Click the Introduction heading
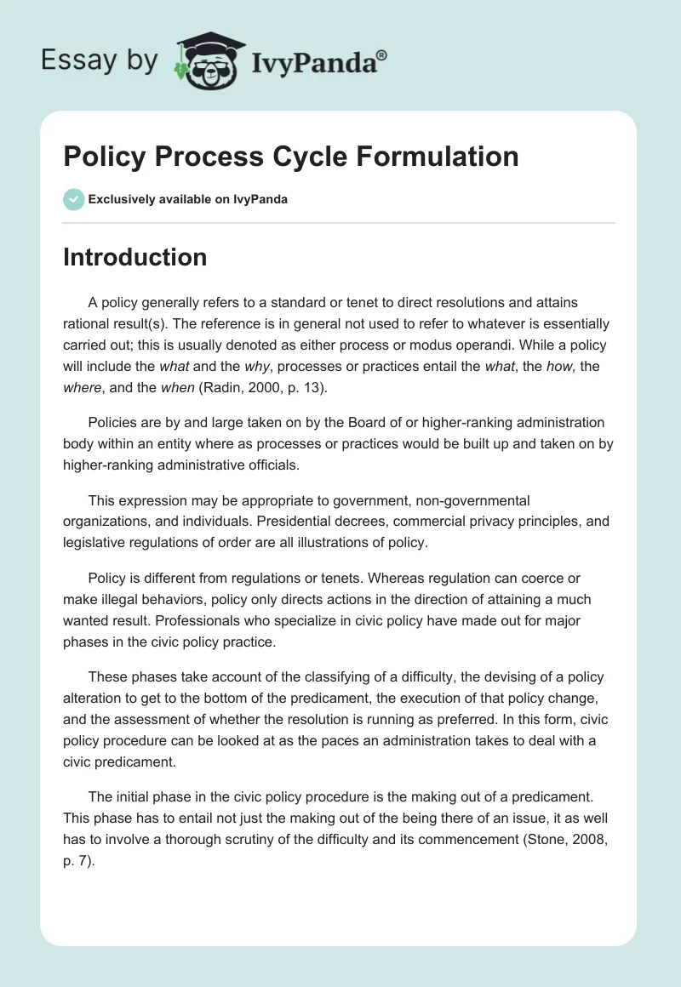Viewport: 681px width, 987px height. click(x=134, y=257)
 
